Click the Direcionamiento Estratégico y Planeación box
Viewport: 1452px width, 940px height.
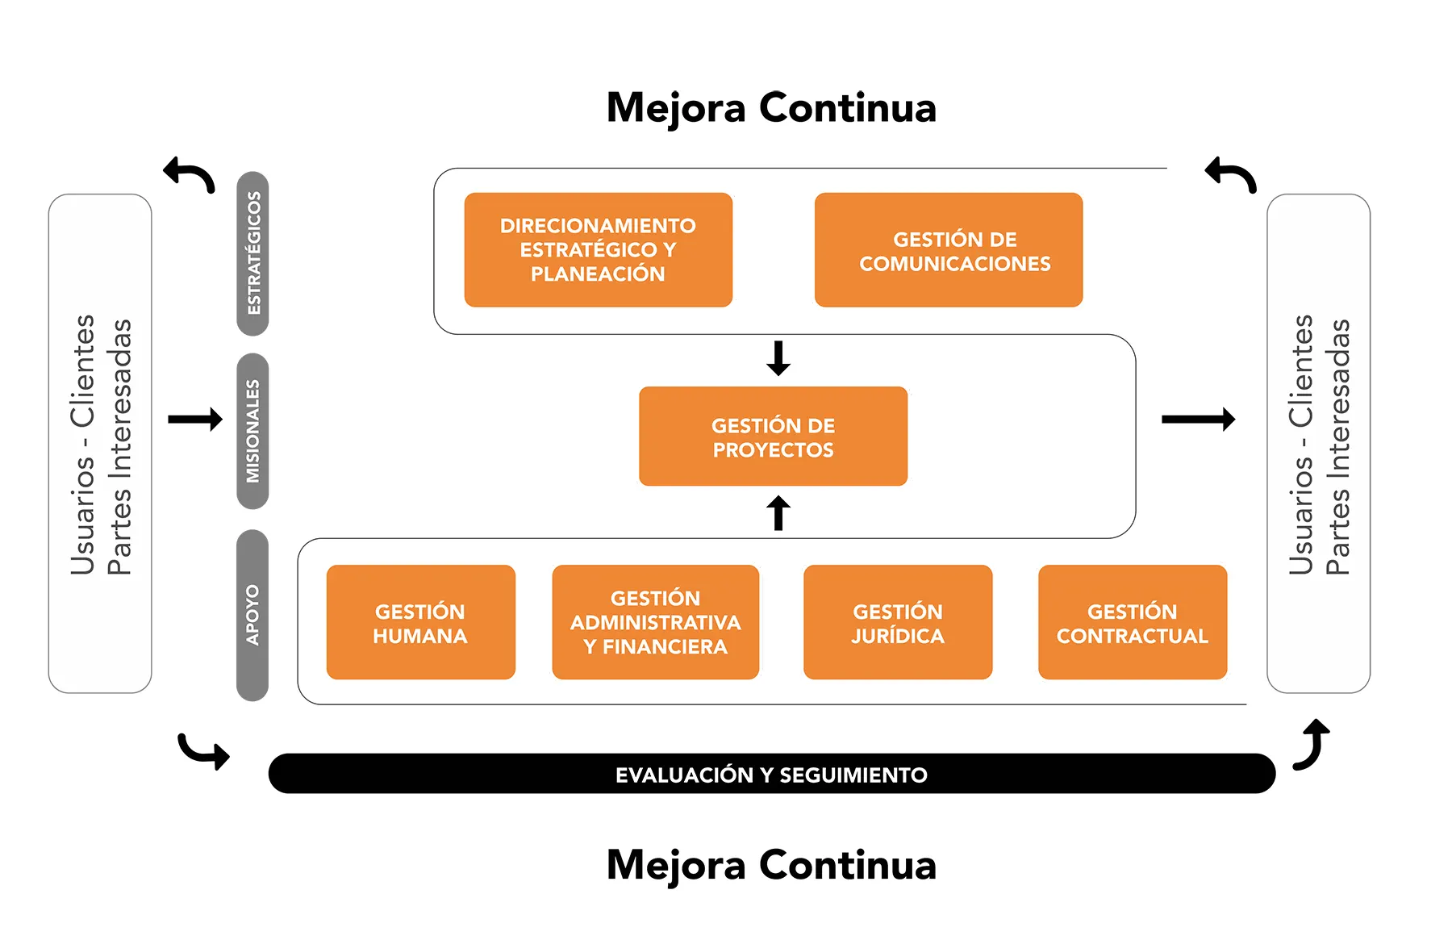598,249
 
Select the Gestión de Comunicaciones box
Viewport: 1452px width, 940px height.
948,249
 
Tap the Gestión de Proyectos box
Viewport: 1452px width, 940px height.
773,437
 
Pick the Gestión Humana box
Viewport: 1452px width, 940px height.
420,622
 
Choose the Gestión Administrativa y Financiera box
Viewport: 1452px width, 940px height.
655,622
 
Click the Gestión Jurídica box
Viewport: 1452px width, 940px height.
898,622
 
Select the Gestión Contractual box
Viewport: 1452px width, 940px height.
1133,622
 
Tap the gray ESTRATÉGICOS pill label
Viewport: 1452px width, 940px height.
252,253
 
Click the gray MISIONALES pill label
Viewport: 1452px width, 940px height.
252,431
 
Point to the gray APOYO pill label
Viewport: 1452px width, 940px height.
252,615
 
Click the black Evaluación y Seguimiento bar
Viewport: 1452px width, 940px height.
771,774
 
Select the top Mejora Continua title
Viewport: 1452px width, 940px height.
771,107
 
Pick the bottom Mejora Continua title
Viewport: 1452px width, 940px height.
771,864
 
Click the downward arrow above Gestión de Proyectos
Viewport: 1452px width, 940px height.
778,358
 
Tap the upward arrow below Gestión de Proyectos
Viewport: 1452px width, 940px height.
778,513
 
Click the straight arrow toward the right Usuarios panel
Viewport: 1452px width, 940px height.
1198,419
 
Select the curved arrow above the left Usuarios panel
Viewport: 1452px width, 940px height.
190,174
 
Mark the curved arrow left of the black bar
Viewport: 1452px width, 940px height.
203,751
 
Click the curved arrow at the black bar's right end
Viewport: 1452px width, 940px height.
1312,744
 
